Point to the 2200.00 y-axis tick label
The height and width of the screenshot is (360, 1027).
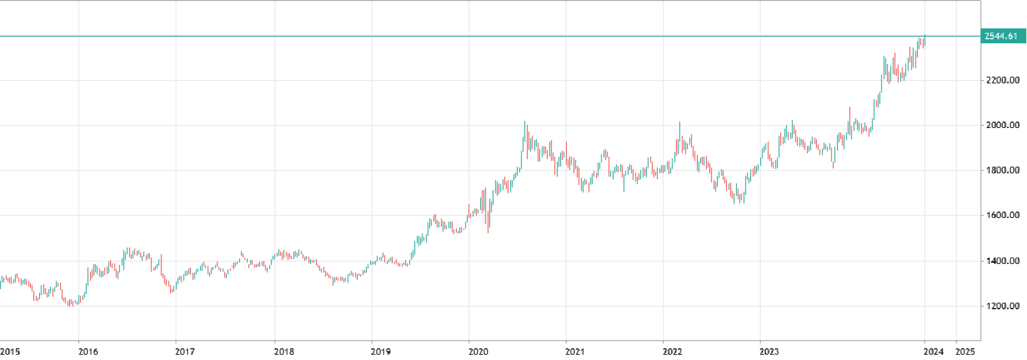click(x=1002, y=81)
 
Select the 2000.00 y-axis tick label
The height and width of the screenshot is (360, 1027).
click(x=1002, y=125)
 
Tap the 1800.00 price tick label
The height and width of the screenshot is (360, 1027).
click(x=1002, y=171)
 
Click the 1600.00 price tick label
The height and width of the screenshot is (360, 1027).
click(x=1002, y=215)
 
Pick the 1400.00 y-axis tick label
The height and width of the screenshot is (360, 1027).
click(x=1002, y=261)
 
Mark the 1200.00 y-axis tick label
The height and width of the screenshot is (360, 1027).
click(x=1002, y=306)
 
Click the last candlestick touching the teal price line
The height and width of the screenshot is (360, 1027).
click(x=924, y=41)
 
